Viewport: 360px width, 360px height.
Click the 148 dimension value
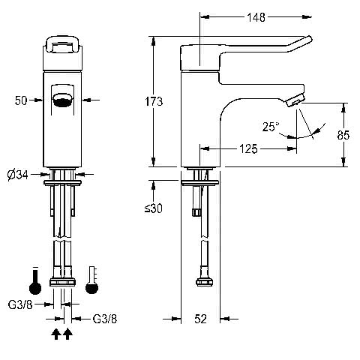(256, 17)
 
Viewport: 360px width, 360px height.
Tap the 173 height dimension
(154, 101)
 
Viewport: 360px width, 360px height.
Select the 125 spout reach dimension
(248, 148)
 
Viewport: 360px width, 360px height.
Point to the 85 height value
(343, 135)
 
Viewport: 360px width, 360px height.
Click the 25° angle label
(271, 127)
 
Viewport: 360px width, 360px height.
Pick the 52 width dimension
(200, 319)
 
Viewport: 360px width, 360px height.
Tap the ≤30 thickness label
(154, 208)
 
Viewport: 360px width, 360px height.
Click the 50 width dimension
(21, 100)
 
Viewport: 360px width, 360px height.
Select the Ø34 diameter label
(18, 175)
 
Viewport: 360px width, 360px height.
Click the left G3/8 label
(20, 304)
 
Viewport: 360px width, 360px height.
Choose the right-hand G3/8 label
(105, 319)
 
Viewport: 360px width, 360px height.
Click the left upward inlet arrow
(56, 334)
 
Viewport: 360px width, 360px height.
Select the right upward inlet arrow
(67, 334)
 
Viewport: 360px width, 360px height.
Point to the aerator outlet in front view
(62, 100)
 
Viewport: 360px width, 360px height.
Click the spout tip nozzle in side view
(295, 101)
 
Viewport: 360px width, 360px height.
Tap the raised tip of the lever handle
(309, 39)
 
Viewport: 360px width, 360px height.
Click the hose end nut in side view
(205, 282)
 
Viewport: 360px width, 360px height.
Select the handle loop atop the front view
(62, 44)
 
